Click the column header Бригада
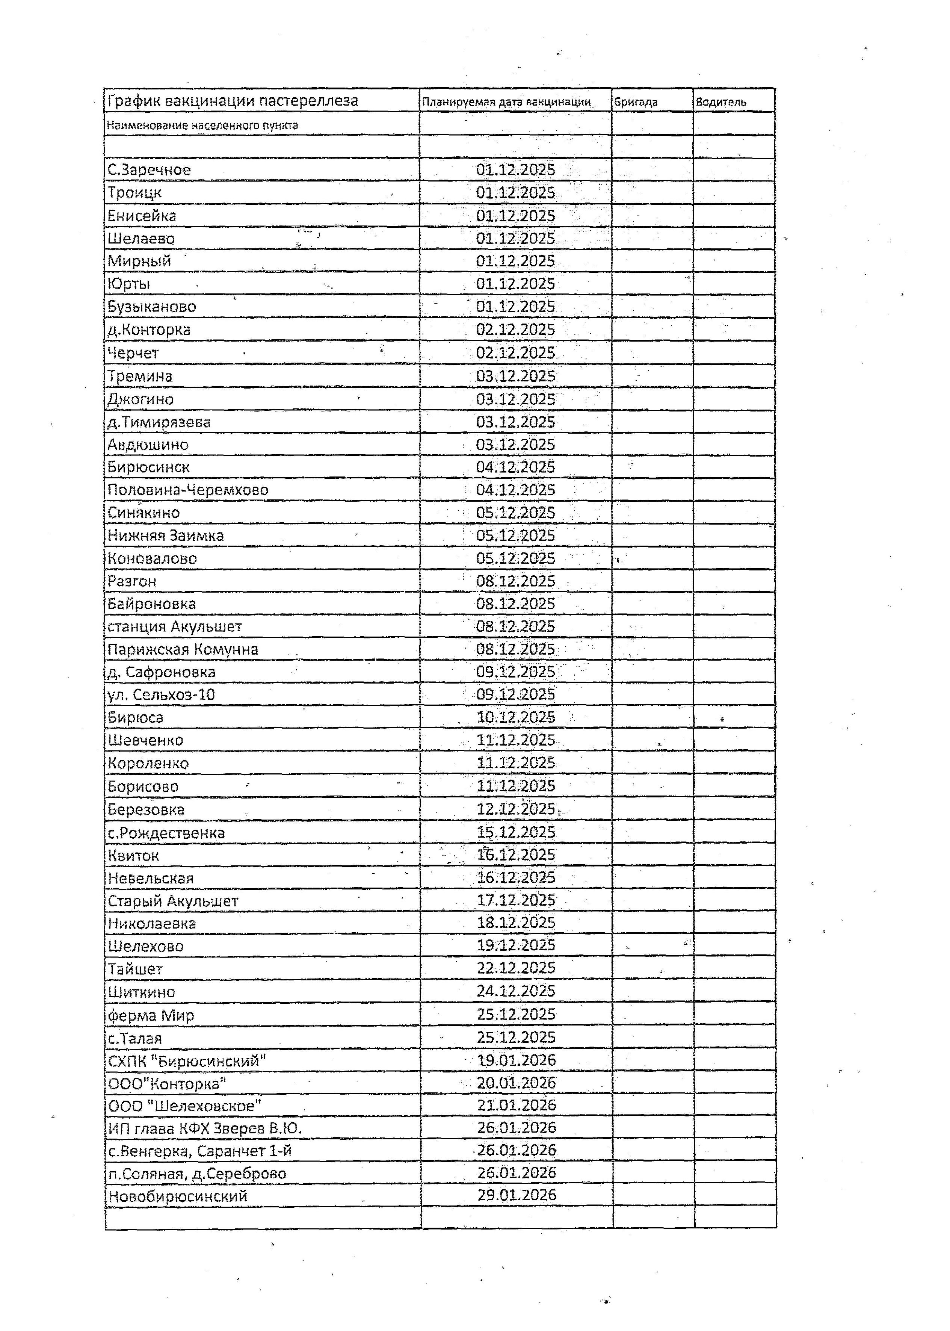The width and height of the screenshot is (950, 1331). pyautogui.click(x=636, y=102)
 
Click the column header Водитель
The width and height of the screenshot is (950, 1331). pyautogui.click(x=721, y=102)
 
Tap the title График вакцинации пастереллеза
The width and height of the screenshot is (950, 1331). pyautogui.click(x=232, y=101)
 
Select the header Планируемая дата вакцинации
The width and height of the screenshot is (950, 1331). pyautogui.click(x=507, y=102)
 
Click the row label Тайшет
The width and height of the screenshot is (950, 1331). pyautogui.click(x=135, y=969)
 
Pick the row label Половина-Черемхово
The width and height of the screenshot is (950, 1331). pyautogui.click(x=188, y=490)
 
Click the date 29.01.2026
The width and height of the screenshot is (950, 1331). pyautogui.click(x=517, y=1195)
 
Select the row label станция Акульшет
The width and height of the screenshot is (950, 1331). pyautogui.click(x=174, y=626)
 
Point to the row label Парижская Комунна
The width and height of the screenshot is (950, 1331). pyautogui.click(x=183, y=649)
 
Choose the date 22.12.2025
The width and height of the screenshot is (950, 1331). pyautogui.click(x=515, y=968)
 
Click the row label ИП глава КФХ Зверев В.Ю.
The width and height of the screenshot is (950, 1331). pyautogui.click(x=205, y=1128)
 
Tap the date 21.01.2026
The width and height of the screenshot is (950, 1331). pyautogui.click(x=517, y=1104)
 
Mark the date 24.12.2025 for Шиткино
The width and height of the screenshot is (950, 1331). pyautogui.click(x=515, y=991)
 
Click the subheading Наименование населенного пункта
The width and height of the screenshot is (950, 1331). pyautogui.click(x=202, y=125)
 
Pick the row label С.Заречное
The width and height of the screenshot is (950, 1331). pyautogui.click(x=149, y=170)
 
